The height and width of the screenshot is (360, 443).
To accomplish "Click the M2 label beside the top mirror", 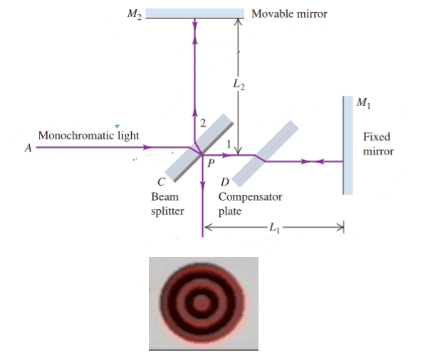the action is coord(134,14).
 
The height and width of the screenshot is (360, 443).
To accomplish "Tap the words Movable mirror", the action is coord(289,14).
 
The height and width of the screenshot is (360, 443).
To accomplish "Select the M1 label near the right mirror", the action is coord(364,102).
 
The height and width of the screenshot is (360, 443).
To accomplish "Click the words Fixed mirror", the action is coord(378,144).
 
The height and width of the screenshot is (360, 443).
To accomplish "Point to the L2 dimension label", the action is coord(239,85).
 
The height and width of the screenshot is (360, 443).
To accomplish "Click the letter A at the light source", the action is coord(28,148).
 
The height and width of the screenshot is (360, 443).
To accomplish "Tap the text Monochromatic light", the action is coord(88,135).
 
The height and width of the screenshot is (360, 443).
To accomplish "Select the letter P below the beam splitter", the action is coord(211,163).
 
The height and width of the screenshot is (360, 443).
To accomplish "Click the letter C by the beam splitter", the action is coord(162,182).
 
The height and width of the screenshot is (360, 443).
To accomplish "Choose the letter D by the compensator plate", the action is coord(225,182).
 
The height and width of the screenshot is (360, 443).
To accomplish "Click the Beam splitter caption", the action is coord(167,203).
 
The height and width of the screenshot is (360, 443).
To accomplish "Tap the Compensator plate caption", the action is coord(250,203).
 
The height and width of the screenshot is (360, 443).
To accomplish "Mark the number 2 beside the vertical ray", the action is coord(203,123).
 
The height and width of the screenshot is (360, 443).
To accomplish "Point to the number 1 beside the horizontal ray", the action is coord(229,144).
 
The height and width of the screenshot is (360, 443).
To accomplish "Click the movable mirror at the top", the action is coord(195,14).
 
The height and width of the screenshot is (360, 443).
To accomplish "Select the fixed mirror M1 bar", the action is coord(348,146).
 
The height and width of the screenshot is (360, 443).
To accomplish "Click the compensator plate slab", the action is coord(265,154).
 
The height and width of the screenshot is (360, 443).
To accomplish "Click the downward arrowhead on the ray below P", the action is coord(202,185).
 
